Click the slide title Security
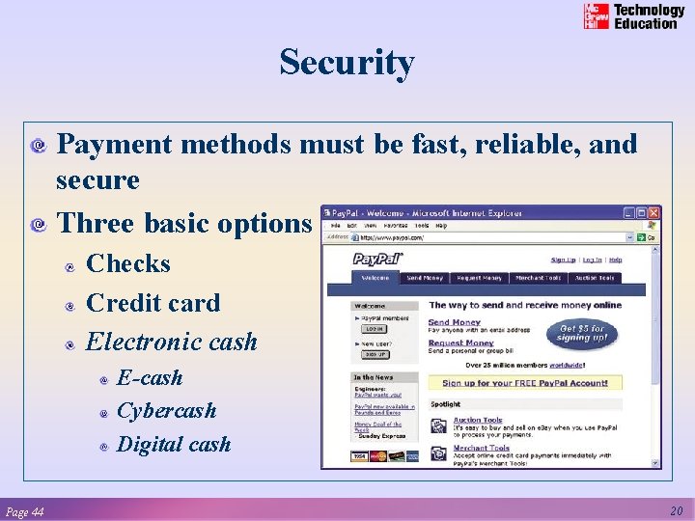coord(347,63)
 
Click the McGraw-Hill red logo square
coord(597,16)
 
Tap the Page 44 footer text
coord(24,511)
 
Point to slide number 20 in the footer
coord(677,510)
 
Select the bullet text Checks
coord(128,263)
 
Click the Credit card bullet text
coord(153,302)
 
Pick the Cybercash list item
coord(166,410)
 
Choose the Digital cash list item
coord(173,444)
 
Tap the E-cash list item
coord(149,377)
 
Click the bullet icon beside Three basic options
coord(40,225)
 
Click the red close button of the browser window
coord(654,212)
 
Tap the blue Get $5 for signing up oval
coord(582,334)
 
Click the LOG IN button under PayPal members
coord(373,328)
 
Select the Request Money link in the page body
coord(460,343)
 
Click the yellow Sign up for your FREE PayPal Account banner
coord(524,383)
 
